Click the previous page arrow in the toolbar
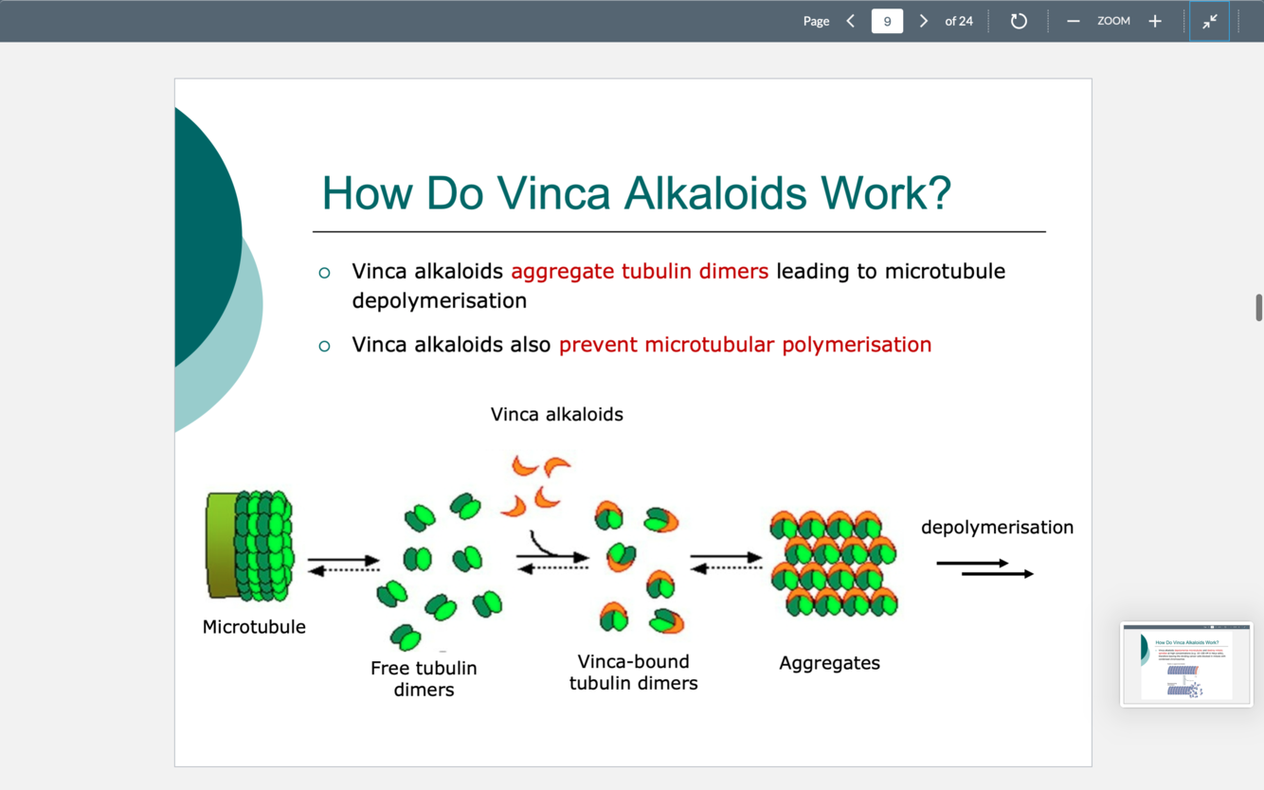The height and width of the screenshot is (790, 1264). click(850, 21)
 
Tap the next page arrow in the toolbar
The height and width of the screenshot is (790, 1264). click(924, 21)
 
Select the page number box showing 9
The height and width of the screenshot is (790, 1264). click(887, 21)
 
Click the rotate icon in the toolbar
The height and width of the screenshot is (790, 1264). click(1019, 21)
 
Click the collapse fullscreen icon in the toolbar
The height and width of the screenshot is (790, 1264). click(1210, 21)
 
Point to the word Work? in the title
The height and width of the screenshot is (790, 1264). click(886, 193)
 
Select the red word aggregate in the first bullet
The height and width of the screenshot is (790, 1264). click(563, 272)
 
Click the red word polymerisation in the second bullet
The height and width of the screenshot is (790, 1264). click(857, 345)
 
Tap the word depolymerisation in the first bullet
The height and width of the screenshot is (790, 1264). click(439, 301)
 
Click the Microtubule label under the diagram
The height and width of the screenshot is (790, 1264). click(254, 627)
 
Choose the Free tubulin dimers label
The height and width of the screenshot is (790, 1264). click(424, 679)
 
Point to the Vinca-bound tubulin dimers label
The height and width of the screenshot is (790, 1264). click(633, 673)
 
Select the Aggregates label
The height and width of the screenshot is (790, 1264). click(829, 663)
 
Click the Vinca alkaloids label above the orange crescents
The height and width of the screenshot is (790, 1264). click(557, 414)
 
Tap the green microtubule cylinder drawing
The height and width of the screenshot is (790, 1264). click(249, 546)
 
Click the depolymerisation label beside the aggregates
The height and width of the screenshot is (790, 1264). click(997, 528)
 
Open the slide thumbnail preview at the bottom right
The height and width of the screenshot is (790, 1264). click(1186, 664)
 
